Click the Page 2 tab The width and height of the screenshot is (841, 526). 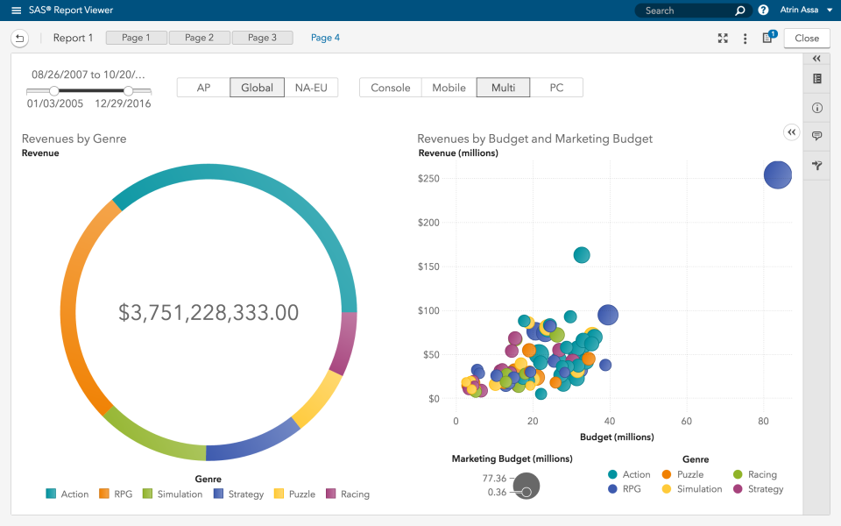tap(200, 38)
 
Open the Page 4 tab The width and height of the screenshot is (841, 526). tap(325, 38)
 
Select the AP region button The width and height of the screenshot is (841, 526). tap(203, 88)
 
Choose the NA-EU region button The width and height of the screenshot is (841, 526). tap(311, 88)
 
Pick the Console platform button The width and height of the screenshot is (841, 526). tap(391, 88)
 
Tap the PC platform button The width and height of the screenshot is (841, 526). tap(556, 88)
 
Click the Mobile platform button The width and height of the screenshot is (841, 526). tap(449, 88)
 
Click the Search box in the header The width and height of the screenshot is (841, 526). tap(688, 11)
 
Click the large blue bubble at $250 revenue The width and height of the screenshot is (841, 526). tap(777, 174)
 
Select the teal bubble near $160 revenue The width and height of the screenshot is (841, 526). tap(582, 255)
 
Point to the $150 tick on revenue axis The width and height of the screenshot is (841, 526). tap(428, 267)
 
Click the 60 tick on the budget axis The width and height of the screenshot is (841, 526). tap(686, 421)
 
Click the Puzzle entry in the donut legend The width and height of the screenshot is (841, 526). tap(294, 494)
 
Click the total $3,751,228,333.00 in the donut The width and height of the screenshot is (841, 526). tap(208, 312)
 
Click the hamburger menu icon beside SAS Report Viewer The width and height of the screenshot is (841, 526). tap(16, 11)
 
